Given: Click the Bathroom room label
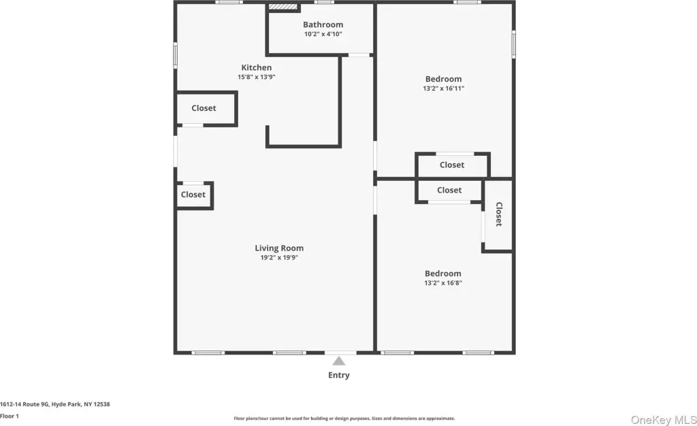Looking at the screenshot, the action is (323, 24).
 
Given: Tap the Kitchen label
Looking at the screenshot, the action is (257, 67).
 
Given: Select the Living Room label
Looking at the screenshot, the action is (279, 248).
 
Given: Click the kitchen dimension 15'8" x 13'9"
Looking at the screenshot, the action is (257, 77).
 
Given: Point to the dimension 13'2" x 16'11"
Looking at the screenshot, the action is (444, 88).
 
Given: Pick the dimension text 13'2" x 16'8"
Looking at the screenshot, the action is (443, 282).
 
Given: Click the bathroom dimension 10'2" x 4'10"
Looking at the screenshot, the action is (323, 34).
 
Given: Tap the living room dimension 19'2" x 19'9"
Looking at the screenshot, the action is (279, 257).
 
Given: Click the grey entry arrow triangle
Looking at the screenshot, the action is (339, 361).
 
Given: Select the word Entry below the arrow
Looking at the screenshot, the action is (339, 375).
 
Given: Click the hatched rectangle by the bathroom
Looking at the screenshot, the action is (282, 7).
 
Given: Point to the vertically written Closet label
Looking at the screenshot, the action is (499, 214).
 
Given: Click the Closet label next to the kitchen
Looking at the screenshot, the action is (204, 108).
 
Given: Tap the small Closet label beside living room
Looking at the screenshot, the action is (193, 195).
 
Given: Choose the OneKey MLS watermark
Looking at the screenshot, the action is (664, 420).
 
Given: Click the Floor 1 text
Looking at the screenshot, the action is (10, 416).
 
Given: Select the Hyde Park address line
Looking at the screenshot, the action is (54, 404).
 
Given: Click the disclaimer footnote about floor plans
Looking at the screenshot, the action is (344, 419).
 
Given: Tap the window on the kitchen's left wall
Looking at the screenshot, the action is (175, 55).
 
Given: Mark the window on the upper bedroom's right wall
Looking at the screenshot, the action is (513, 44).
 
